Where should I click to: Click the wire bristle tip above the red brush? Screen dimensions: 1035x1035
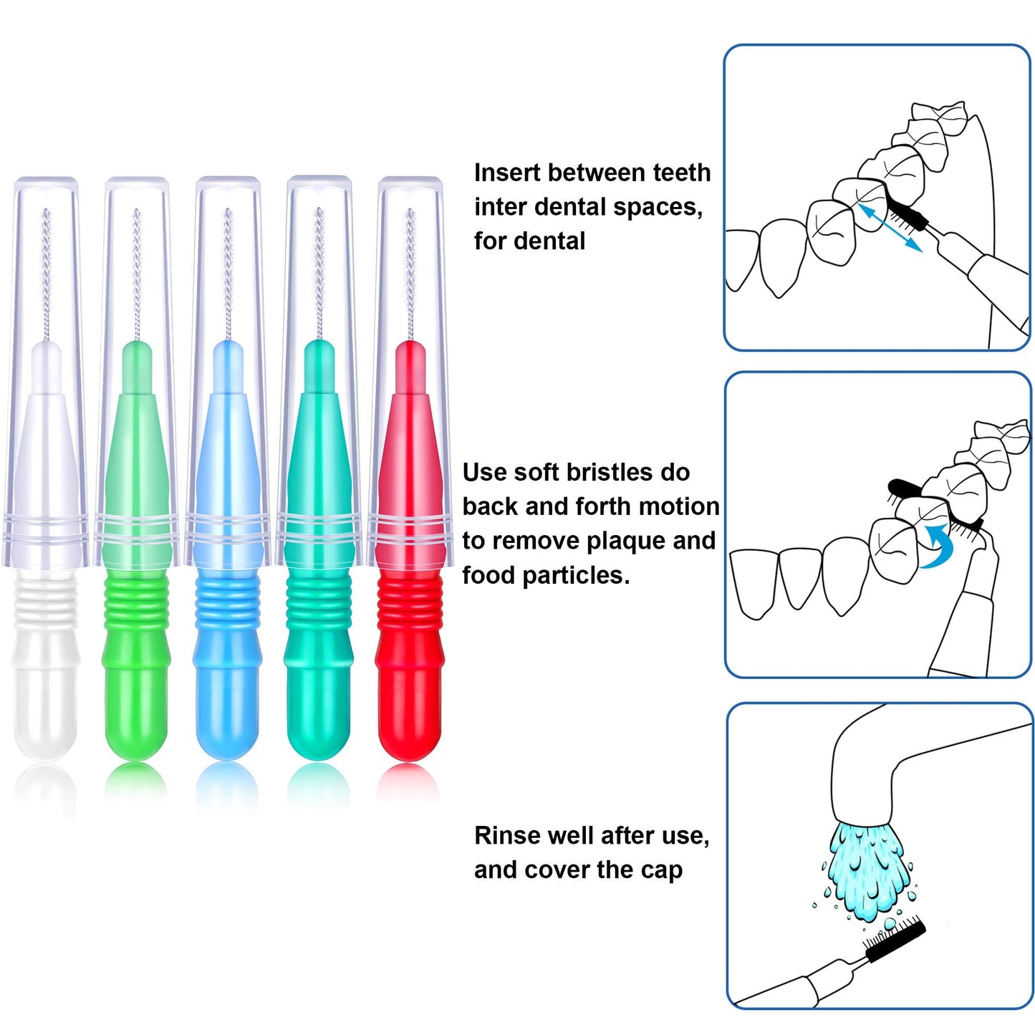coord(410,272)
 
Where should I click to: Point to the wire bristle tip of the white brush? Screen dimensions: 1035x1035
coord(47,272)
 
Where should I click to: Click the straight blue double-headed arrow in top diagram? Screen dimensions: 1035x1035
coord(890,228)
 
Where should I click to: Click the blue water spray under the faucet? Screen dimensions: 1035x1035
coord(869,870)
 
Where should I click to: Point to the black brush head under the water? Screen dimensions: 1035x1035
coord(895,942)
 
